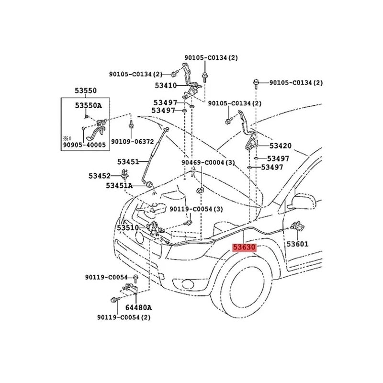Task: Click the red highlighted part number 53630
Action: (245, 248)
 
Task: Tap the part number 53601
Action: (297, 244)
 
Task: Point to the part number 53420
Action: (280, 146)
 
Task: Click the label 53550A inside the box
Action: (88, 106)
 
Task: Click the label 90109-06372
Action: (133, 142)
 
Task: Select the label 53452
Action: (99, 176)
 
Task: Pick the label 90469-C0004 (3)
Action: (208, 163)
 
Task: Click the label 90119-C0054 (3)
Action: (196, 209)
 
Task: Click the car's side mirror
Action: (303, 202)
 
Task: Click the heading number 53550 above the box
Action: (85, 90)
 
